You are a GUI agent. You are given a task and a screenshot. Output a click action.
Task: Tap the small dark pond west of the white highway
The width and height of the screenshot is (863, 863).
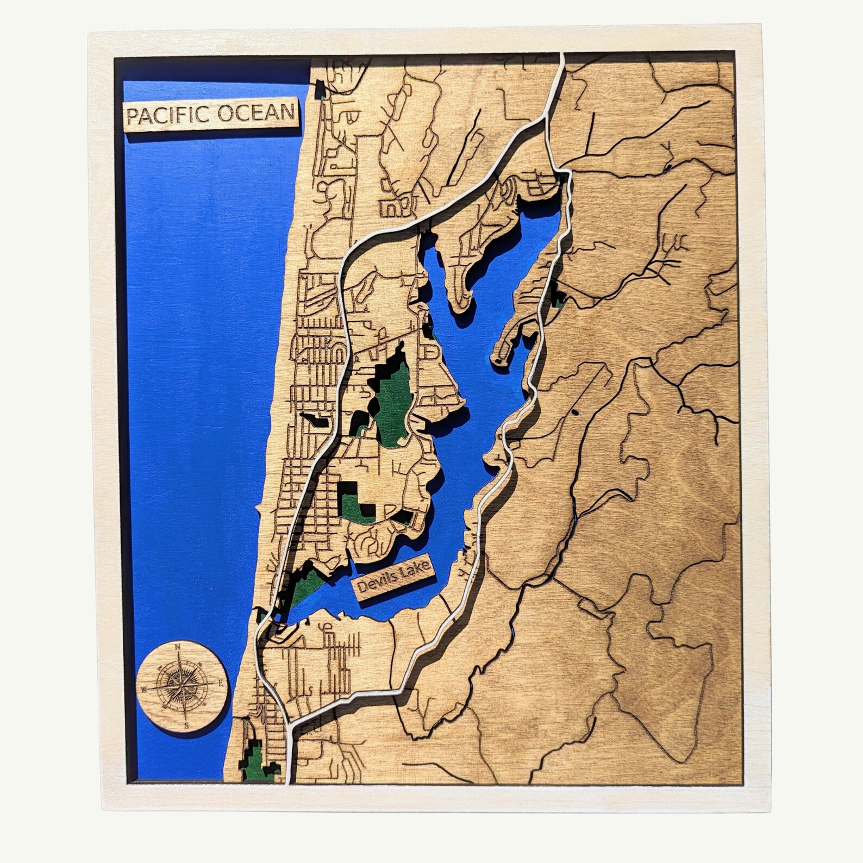(x=315, y=420)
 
